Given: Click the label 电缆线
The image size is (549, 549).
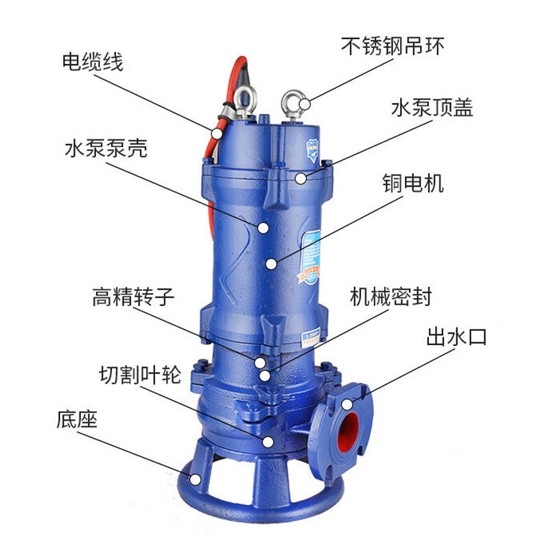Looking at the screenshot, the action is pos(93,62).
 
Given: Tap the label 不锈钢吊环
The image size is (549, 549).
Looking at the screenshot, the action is pos(393,46).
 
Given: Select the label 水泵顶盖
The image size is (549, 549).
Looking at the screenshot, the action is pos(432,107).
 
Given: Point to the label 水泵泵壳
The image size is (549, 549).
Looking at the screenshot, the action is pos(106,148).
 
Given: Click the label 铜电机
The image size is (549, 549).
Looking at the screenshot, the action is pos(413,183).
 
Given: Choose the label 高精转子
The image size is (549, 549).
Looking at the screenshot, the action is pos(133,296).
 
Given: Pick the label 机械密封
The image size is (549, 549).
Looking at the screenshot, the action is pos(390,296).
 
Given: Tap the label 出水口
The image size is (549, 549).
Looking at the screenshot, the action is pos(456,337).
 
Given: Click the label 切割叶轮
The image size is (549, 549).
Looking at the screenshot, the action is pos(140,375).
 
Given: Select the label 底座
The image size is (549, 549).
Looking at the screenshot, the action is pos(77,419).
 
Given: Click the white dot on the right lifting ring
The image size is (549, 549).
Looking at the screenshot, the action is pos(305,104).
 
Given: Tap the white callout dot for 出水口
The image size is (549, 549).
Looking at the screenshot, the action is pos(347,404).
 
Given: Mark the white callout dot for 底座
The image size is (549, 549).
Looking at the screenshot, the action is pos(195,479).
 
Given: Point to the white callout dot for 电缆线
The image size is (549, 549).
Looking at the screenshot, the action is pos(217,133).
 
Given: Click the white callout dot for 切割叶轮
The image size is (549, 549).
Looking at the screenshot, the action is pos(268,442).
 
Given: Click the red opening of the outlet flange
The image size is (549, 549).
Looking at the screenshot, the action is pos(349,430).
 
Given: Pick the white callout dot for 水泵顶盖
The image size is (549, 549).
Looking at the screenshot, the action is pos(301,178).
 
